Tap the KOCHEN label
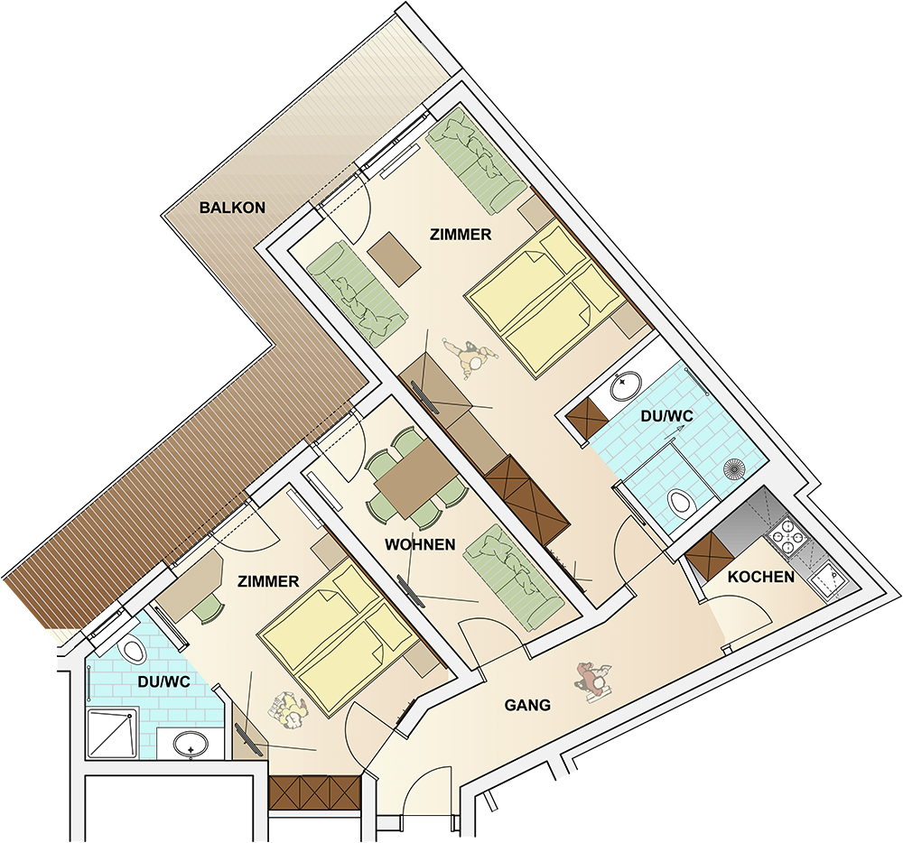pyautogui.click(x=760, y=577)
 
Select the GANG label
pyautogui.click(x=527, y=705)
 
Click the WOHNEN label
pyautogui.click(x=420, y=544)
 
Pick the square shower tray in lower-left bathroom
pyautogui.click(x=113, y=734)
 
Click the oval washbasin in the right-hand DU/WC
pyautogui.click(x=626, y=386)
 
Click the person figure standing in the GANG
pyautogui.click(x=593, y=681)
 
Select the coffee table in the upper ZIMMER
pyautogui.click(x=395, y=258)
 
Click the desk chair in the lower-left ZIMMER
pyautogui.click(x=208, y=607)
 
